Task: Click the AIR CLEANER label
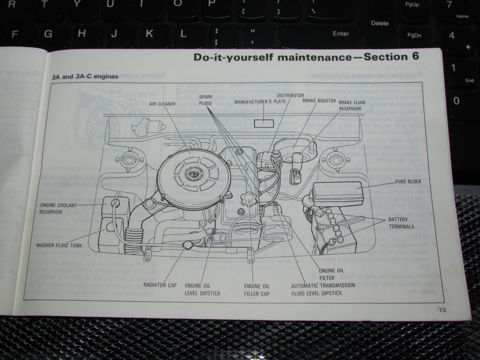(162, 104)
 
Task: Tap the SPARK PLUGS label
(206, 100)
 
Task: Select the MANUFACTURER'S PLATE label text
(260, 102)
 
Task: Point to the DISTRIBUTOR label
(290, 95)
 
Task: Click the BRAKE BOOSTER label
(319, 101)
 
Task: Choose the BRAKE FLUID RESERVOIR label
(352, 106)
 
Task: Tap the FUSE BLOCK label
(408, 181)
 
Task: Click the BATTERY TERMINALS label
(401, 223)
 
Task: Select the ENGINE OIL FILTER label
(331, 274)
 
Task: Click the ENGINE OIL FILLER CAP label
(257, 290)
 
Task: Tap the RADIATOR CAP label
(160, 285)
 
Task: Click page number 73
(442, 310)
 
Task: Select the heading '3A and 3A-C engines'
(85, 77)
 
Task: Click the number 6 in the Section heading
(415, 56)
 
